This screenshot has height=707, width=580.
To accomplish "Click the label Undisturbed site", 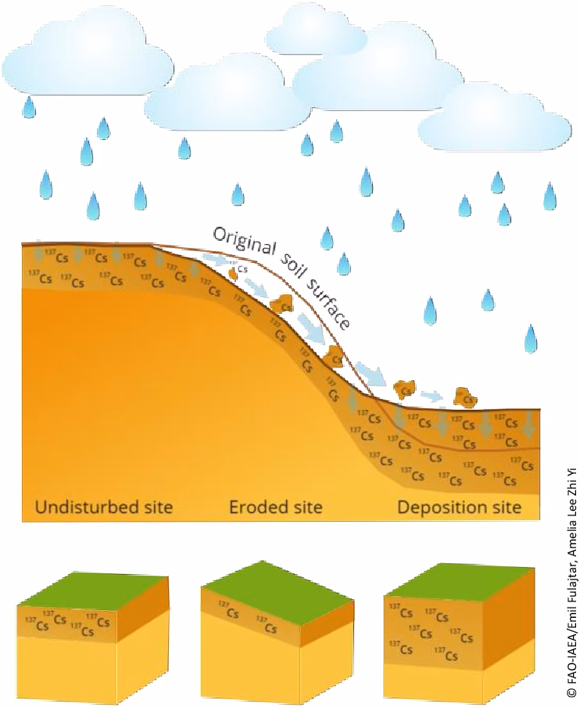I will click(x=103, y=507).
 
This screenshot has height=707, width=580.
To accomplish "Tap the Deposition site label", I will click(x=459, y=507).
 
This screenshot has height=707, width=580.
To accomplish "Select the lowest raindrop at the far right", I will click(x=532, y=339).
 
